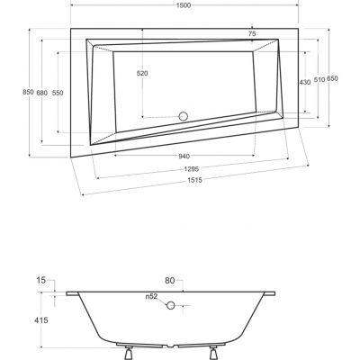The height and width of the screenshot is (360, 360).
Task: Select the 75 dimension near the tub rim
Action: tap(251, 34)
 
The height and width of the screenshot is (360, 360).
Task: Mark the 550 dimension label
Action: tap(57, 93)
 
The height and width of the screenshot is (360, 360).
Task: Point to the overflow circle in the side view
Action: tap(169, 305)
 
